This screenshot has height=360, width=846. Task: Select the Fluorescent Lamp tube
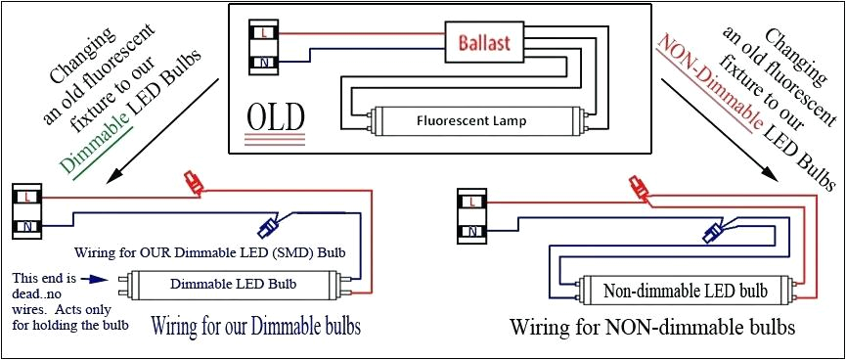coord(470,122)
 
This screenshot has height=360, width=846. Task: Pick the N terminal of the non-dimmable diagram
coord(473,232)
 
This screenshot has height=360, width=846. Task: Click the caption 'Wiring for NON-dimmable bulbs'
coord(651,326)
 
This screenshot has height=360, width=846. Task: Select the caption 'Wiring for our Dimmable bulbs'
coord(255,325)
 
